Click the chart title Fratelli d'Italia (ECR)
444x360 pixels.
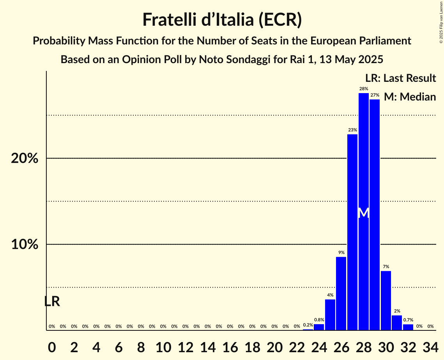coord(222,19)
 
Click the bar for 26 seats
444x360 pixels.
coord(341,293)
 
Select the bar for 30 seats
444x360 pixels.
coord(386,300)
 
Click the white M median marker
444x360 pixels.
coord(363,213)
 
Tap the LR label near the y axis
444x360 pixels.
coord(52,301)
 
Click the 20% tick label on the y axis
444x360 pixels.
coord(24,159)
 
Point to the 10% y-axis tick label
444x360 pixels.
coord(24,245)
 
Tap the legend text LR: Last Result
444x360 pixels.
coord(400,78)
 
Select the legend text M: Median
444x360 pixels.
coord(410,97)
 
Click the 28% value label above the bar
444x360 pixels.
coord(363,89)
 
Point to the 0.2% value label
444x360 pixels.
coord(308,325)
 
